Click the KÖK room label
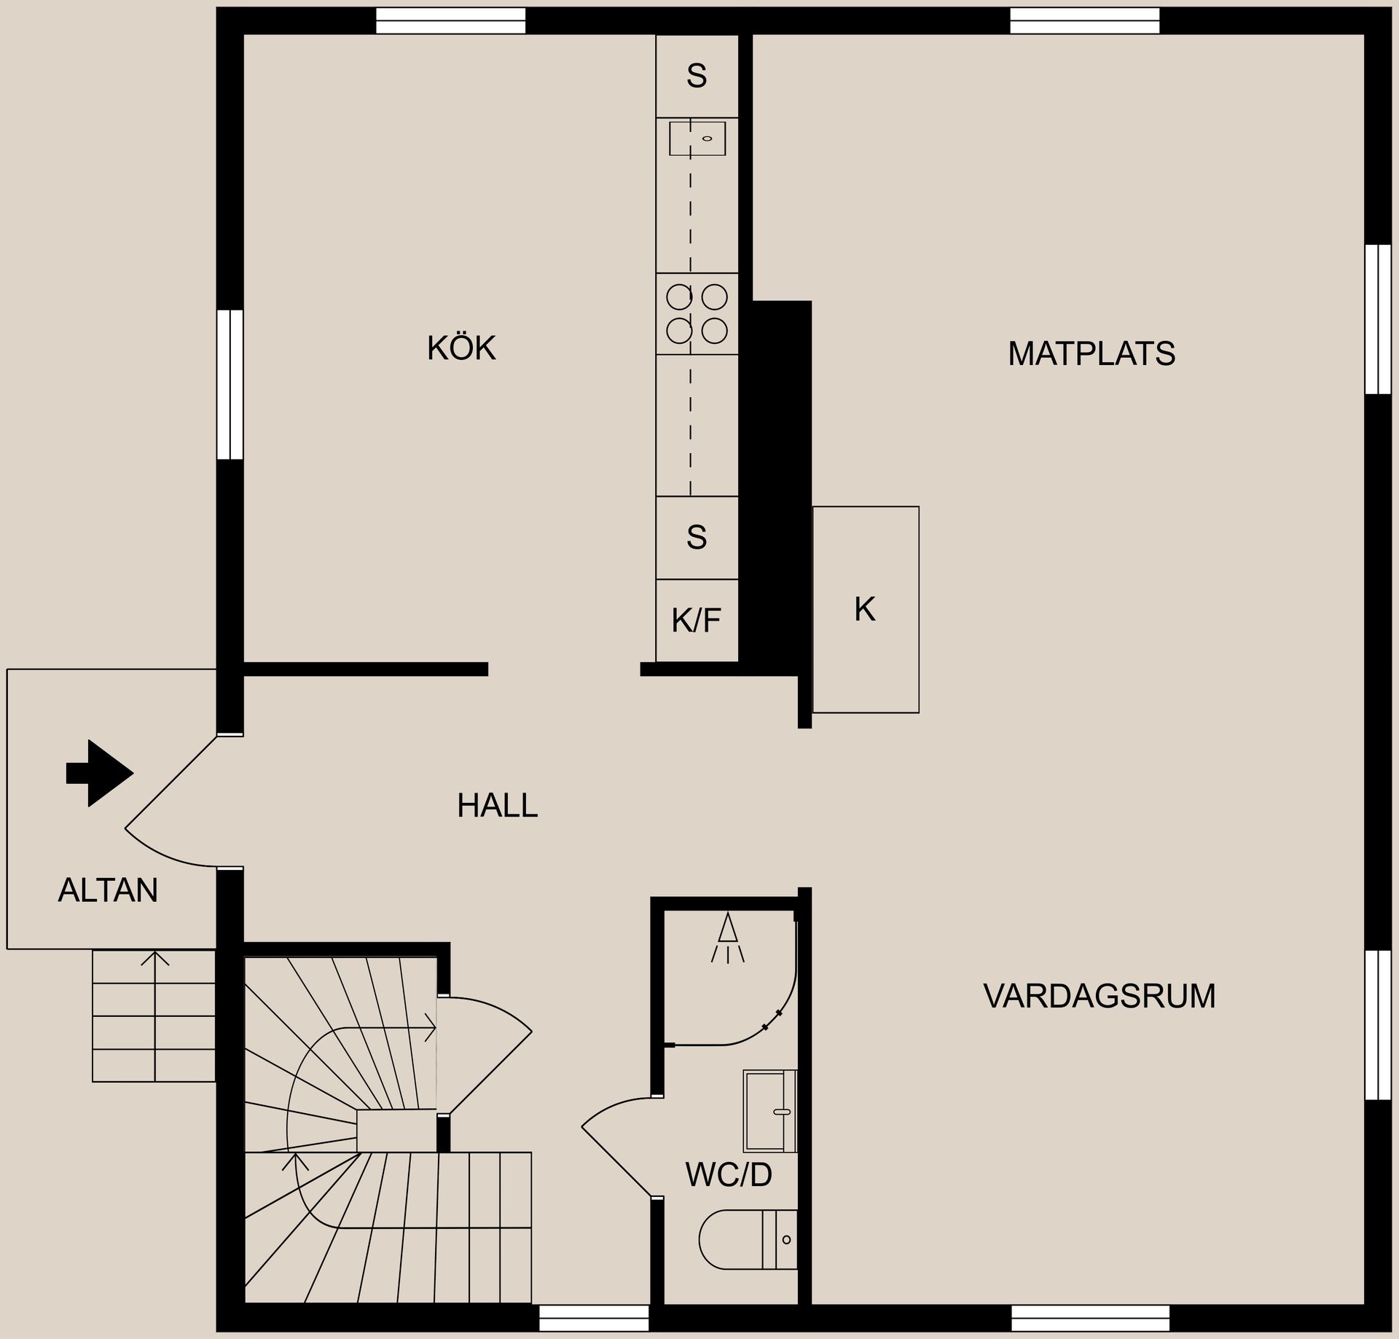[x=461, y=347]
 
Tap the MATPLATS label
[x=1092, y=354]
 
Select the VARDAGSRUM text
[x=1100, y=996]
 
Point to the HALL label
[x=497, y=806]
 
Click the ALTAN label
[x=108, y=890]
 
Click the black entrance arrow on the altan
[x=100, y=773]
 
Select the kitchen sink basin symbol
[x=697, y=138]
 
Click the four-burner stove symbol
[x=697, y=314]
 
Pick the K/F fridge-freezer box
[x=697, y=621]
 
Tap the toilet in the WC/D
[x=748, y=1239]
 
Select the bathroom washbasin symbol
[x=769, y=1111]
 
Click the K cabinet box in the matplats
[x=866, y=610]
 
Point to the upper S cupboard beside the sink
[x=697, y=76]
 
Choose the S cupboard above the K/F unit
[x=697, y=538]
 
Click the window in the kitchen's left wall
[x=230, y=385]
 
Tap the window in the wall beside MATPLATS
[x=1377, y=319]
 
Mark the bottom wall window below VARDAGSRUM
[x=1091, y=1318]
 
